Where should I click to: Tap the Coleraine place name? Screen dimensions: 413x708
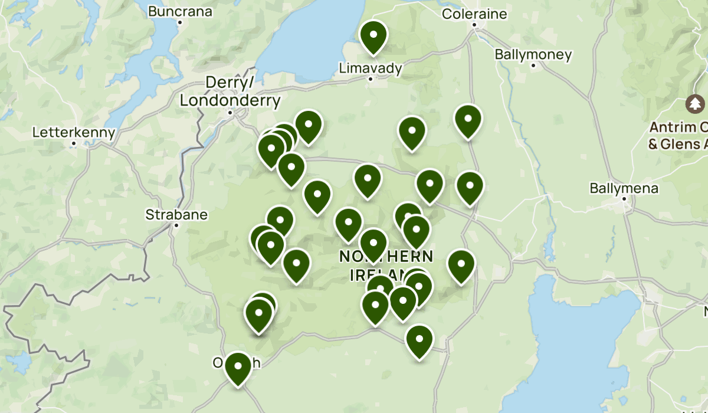(x=474, y=14)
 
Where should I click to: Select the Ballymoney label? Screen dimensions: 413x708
(x=533, y=55)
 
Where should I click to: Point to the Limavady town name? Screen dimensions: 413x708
(x=371, y=68)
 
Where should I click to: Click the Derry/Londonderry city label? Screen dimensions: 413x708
(x=230, y=92)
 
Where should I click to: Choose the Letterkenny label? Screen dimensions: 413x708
(x=74, y=132)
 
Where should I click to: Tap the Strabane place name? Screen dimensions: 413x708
(x=176, y=214)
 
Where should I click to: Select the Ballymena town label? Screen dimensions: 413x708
(x=624, y=189)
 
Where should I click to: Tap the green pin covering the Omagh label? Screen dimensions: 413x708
(x=238, y=367)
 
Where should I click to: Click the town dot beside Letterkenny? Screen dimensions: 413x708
(x=74, y=143)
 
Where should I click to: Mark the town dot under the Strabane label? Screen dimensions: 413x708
(x=176, y=225)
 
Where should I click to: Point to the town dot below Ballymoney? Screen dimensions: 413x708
(x=533, y=65)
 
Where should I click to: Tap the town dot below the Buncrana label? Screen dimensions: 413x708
(x=180, y=22)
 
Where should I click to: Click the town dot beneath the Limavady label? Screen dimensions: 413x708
(x=371, y=78)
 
